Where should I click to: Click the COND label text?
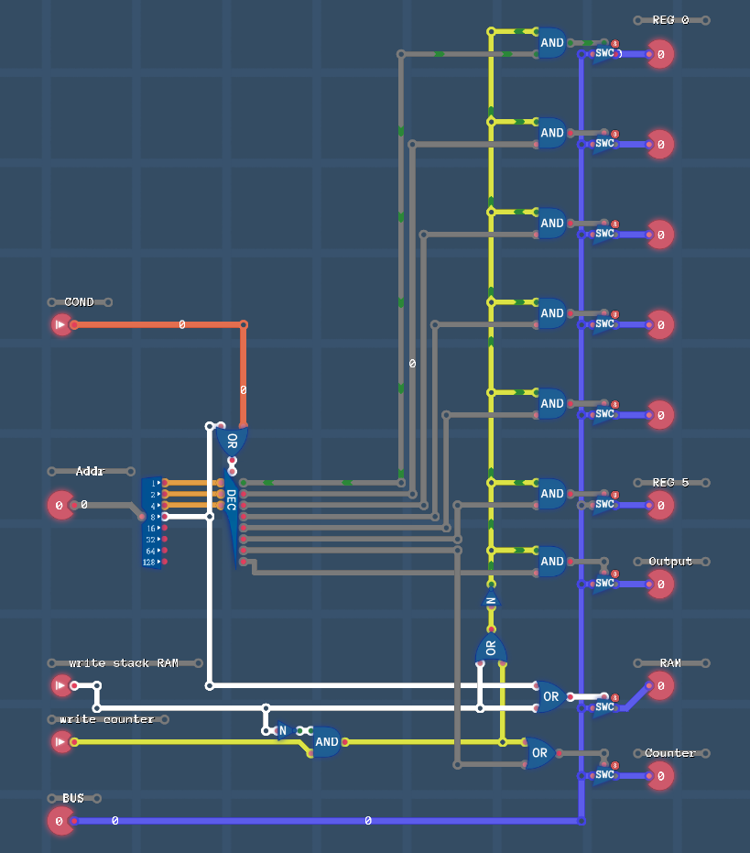click(79, 302)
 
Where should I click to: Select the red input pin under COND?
click(61, 324)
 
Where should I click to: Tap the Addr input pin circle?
click(60, 505)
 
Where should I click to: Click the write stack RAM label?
click(124, 663)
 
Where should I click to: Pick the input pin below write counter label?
click(61, 741)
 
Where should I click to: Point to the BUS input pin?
click(60, 821)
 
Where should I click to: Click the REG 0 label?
click(670, 20)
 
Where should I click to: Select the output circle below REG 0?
click(659, 54)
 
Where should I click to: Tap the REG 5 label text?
click(670, 483)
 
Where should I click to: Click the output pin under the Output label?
click(659, 584)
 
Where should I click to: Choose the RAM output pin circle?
click(659, 685)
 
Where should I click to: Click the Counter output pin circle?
click(659, 776)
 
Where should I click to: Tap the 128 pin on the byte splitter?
click(152, 563)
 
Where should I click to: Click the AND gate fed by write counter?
click(326, 742)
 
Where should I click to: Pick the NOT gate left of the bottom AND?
click(283, 731)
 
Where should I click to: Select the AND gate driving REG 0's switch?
click(551, 43)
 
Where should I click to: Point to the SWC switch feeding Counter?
click(604, 775)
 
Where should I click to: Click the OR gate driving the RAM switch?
click(549, 697)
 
